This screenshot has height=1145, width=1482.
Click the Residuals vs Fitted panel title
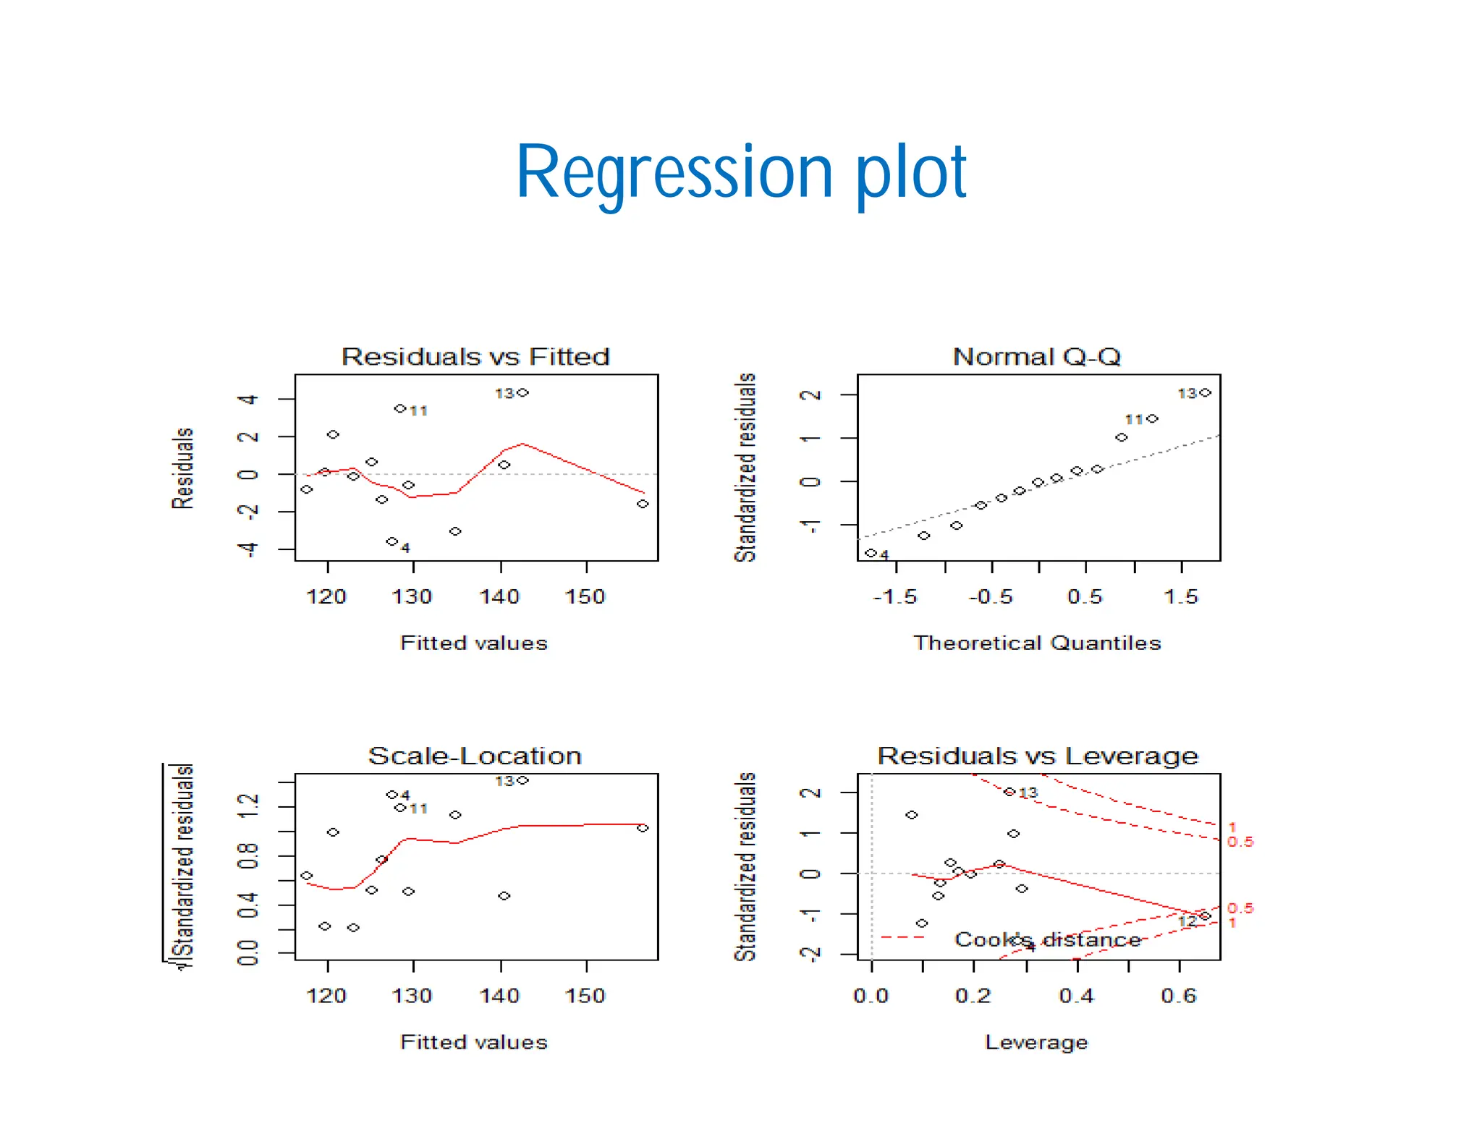(475, 357)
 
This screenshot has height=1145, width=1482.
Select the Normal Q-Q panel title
(1036, 357)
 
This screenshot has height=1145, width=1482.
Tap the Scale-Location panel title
(475, 756)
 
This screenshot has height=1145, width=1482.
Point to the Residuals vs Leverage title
(1038, 756)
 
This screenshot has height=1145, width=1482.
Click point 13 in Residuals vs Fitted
(522, 393)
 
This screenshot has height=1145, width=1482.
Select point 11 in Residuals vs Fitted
(399, 409)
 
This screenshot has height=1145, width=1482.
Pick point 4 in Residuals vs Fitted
(391, 541)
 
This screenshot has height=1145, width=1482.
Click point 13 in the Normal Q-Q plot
(1205, 393)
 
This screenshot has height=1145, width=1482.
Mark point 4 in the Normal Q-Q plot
(871, 553)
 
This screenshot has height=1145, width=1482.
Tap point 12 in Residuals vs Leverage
(1205, 916)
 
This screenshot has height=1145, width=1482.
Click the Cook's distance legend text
(1047, 939)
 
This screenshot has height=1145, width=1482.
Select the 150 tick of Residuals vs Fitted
(585, 597)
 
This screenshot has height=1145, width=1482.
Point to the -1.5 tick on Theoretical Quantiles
(895, 597)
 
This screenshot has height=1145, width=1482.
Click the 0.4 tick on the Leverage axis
(1076, 996)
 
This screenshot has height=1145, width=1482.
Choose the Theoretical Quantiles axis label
(1036, 643)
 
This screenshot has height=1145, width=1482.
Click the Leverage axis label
(1036, 1042)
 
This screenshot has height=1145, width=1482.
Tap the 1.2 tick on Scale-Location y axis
(248, 806)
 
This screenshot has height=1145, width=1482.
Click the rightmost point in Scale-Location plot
(643, 828)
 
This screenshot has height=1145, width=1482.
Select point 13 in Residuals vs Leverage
(1009, 792)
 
